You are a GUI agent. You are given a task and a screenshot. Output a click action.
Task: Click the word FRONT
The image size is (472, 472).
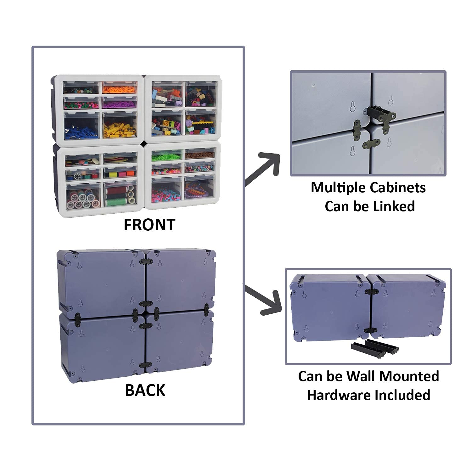pyautogui.click(x=149, y=225)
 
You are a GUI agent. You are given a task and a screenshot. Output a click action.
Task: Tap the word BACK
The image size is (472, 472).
pyautogui.click(x=145, y=390)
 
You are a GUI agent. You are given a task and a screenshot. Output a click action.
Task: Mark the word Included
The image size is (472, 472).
pyautogui.click(x=406, y=395)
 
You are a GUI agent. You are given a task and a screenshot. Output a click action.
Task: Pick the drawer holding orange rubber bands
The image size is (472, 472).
pyautogui.click(x=120, y=88)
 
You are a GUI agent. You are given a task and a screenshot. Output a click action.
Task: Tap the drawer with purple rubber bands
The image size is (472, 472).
pyautogui.click(x=120, y=102)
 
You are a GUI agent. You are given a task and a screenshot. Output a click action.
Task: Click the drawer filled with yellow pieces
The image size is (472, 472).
pyautogui.click(x=120, y=125)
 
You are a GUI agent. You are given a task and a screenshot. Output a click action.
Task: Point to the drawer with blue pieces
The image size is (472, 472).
pyautogui.click(x=81, y=125)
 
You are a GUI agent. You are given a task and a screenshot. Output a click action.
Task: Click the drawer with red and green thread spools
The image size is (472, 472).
pyautogui.click(x=121, y=194)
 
